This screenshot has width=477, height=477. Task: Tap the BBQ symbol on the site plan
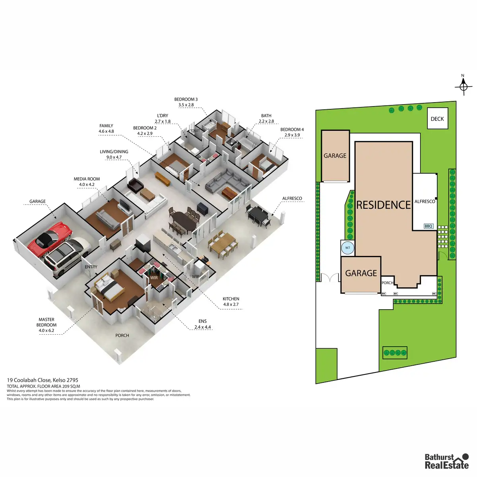(x=428, y=226)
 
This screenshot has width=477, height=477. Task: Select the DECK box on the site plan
(x=437, y=118)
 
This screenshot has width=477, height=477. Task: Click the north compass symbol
(x=463, y=86)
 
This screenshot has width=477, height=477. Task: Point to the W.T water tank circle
(x=347, y=248)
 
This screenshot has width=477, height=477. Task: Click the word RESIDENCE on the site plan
(x=383, y=205)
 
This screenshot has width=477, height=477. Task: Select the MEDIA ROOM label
(x=87, y=179)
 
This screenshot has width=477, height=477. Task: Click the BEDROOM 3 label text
(x=186, y=99)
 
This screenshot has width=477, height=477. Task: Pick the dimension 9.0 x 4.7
(x=114, y=157)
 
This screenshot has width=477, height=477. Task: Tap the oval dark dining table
(x=183, y=220)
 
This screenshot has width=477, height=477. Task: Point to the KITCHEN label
(x=231, y=299)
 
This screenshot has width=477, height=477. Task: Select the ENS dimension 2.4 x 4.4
(x=202, y=327)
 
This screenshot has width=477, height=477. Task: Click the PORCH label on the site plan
(x=387, y=283)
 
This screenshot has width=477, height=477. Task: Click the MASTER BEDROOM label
(x=47, y=322)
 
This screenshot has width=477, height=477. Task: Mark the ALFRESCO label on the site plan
(x=425, y=202)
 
